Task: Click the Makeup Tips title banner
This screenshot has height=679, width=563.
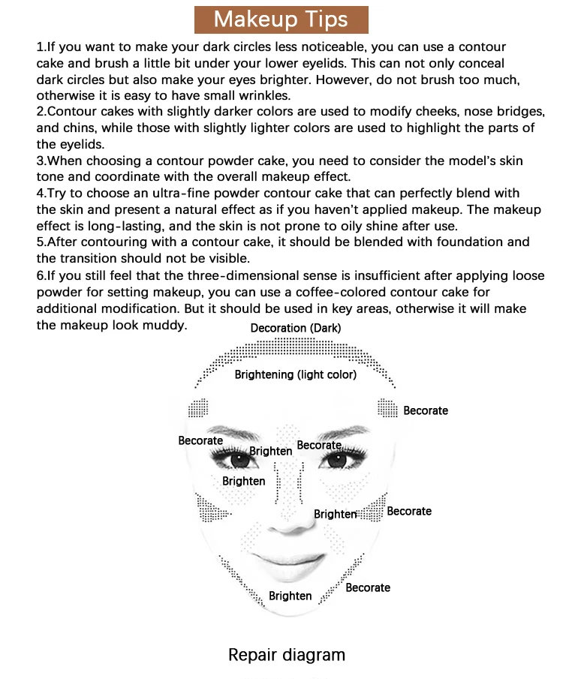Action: (x=281, y=19)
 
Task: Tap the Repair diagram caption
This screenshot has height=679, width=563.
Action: (x=287, y=655)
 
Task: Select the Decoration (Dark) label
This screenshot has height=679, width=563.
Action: (x=296, y=328)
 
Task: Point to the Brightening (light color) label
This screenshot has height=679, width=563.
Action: (x=295, y=374)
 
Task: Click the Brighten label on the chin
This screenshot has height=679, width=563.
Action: (x=290, y=596)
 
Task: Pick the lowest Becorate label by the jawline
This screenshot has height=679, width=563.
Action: (x=368, y=587)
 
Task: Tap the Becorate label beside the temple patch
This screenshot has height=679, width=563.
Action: (x=426, y=410)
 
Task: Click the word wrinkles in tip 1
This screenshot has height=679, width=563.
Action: (x=269, y=95)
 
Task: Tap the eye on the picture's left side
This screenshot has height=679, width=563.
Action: (x=239, y=459)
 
